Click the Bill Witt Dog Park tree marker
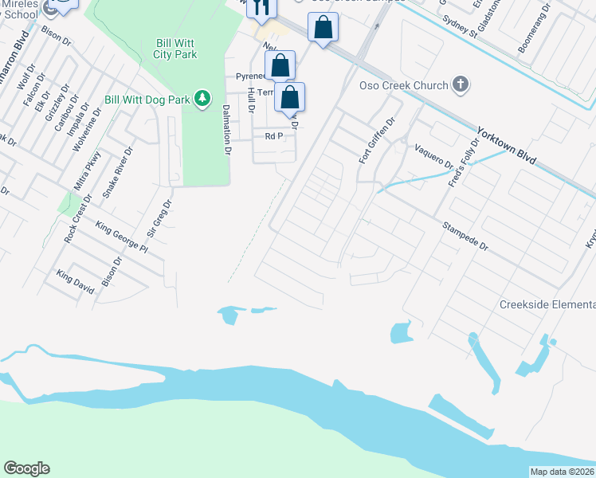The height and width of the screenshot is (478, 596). [x=203, y=98]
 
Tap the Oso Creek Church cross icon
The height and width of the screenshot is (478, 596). [x=460, y=84]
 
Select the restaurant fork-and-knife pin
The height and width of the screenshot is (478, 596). [x=261, y=8]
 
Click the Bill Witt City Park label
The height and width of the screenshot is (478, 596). [x=175, y=49]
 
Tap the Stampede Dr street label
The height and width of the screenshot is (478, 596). [x=465, y=237]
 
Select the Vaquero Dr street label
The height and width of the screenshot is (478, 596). [x=433, y=156]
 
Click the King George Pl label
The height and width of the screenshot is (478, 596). [x=122, y=237]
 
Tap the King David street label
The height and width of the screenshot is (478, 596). [x=75, y=282]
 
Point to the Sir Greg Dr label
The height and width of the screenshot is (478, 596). [x=158, y=219]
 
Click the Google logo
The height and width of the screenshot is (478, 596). [x=26, y=468]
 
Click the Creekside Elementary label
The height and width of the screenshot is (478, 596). [x=547, y=305]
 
